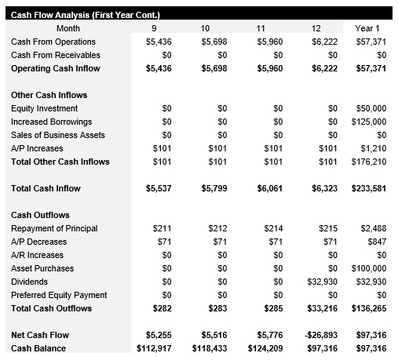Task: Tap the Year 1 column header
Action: (374, 28)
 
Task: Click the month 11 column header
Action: (261, 28)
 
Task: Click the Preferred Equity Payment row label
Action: (59, 295)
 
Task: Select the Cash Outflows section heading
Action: (40, 215)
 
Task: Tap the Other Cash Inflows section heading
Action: (49, 95)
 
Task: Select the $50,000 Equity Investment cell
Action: (373, 108)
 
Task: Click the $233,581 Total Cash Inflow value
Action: (371, 188)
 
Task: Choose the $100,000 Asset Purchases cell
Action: (371, 268)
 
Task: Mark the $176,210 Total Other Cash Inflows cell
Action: (371, 162)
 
